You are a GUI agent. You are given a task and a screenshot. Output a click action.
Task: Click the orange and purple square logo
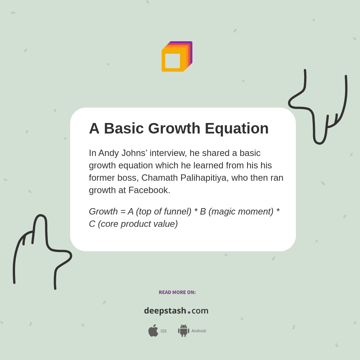tap(177, 57)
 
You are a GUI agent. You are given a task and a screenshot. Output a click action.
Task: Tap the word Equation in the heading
tap(237, 129)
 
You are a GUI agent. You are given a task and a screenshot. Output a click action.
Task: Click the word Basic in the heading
tap(124, 129)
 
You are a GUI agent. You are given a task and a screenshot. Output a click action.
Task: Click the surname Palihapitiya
tap(204, 178)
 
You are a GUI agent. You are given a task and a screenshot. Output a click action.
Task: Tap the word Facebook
tap(149, 190)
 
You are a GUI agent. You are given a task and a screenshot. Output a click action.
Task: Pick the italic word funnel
tap(177, 211)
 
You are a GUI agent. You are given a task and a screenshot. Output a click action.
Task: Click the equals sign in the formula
tap(123, 212)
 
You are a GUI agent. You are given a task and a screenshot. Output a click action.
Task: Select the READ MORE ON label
tap(177, 292)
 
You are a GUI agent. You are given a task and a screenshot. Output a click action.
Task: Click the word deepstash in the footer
tap(165, 310)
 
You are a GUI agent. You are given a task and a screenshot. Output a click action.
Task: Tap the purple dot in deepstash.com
tap(189, 312)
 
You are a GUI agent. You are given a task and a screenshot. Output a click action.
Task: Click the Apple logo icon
tap(153, 330)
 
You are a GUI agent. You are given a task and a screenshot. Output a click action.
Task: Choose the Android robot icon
tap(183, 330)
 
